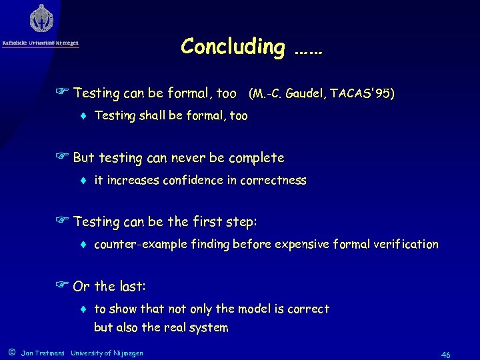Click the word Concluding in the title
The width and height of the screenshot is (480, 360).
click(x=232, y=46)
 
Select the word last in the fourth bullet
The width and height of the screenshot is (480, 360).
click(x=131, y=287)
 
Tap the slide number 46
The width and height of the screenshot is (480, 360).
click(x=445, y=355)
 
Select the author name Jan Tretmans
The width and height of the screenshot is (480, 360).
click(x=43, y=353)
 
